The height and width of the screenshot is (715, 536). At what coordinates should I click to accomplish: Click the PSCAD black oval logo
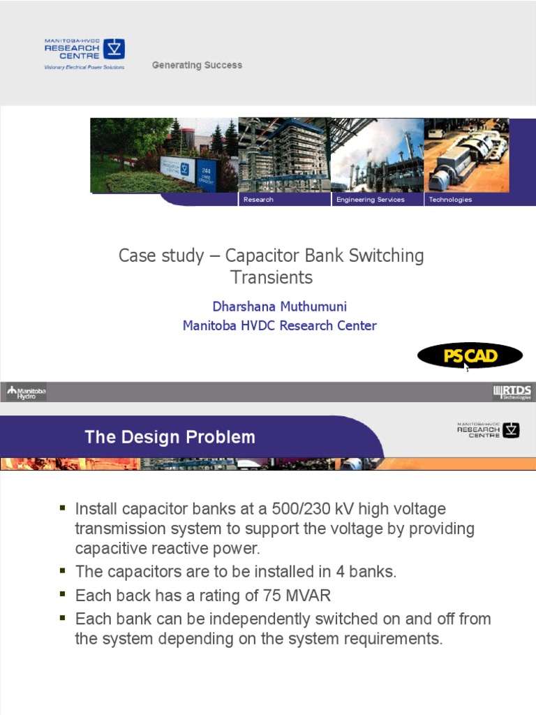coord(470,356)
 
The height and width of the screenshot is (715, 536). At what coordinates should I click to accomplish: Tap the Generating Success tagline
coord(197,65)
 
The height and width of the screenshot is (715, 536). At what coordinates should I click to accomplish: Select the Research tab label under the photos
coord(258,200)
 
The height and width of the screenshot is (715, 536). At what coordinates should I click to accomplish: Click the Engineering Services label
coord(370,200)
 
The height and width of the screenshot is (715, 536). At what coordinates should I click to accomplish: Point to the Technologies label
coord(450,200)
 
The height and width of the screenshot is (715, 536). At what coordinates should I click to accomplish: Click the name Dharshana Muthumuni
coord(279,307)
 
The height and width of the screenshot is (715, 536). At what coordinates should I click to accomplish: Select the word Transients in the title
coord(271,277)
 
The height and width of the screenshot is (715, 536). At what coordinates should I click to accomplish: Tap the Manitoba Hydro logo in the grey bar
coord(27,392)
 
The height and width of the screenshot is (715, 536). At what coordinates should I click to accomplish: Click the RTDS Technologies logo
coord(512,392)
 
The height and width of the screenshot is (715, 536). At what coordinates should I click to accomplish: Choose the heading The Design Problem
coord(170,438)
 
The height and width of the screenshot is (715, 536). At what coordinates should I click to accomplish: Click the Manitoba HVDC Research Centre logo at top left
coord(84,53)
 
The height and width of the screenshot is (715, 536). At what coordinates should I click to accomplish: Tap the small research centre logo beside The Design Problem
coord(489,429)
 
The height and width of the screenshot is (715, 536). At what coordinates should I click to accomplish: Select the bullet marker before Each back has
coord(63,594)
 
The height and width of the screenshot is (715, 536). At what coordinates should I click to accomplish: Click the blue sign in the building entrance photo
coord(175,168)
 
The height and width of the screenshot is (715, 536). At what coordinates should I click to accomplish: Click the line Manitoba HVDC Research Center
coord(279,325)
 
